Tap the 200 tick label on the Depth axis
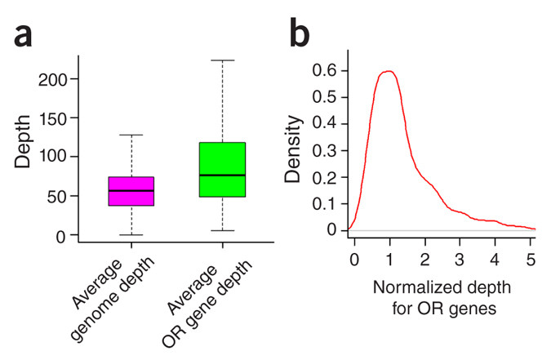pyautogui.click(x=55, y=78)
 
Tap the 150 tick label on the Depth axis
pyautogui.click(x=55, y=118)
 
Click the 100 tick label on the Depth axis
pyautogui.click(x=55, y=157)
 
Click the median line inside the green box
pyautogui.click(x=222, y=175)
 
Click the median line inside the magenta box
pyautogui.click(x=131, y=190)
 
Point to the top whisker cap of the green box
pyautogui.click(x=222, y=60)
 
